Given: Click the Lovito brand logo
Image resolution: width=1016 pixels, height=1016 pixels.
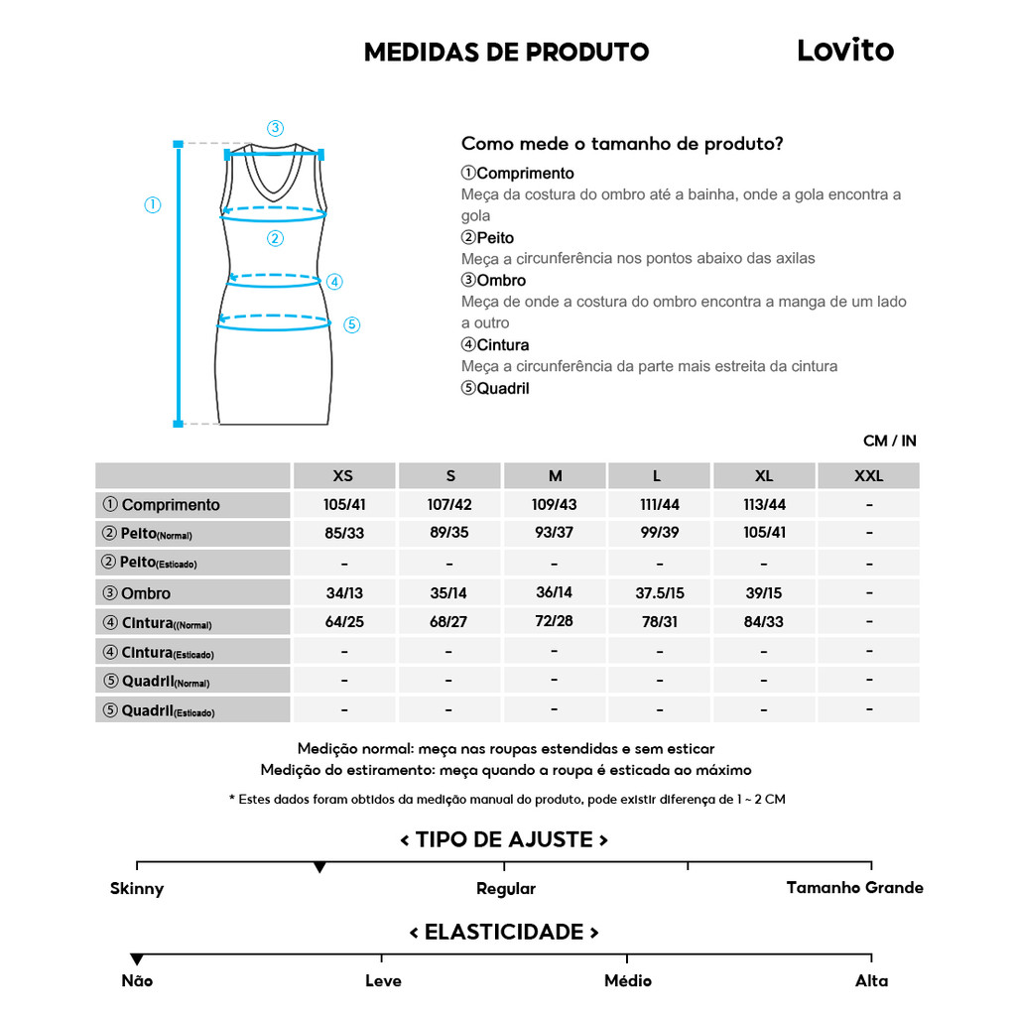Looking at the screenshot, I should point(844,51).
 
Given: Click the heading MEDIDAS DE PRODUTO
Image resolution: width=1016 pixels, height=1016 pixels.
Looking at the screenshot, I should point(506,53).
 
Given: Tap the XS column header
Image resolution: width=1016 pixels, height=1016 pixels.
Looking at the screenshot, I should point(343,476).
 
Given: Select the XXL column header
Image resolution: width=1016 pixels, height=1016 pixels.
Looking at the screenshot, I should point(868,476).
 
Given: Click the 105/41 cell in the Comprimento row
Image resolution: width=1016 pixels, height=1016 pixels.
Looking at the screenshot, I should point(344,504).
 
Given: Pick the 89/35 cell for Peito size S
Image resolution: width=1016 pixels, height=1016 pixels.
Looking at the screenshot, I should point(448,533).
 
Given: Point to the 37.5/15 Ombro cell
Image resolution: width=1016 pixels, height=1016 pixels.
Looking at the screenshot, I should point(660,592).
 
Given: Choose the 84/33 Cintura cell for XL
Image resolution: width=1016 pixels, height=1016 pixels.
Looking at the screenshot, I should point(764,622).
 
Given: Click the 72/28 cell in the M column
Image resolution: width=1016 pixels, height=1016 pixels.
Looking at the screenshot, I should point(554,622).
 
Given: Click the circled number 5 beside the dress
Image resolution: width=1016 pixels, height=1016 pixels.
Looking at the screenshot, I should point(351,324).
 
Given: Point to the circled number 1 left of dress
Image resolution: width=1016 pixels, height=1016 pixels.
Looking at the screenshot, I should point(153,205).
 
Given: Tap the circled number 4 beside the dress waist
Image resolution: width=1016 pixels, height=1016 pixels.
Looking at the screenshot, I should point(334,282).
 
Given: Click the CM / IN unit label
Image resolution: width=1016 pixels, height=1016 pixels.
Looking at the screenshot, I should point(889,441).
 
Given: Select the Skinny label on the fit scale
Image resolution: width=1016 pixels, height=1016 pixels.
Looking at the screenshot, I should point(137,889).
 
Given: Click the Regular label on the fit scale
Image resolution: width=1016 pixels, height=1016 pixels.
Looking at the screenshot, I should point(505,889).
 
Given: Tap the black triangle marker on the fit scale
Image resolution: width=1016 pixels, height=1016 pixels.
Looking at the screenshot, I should point(319,867).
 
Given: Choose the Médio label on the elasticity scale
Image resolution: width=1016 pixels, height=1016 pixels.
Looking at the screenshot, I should point(628,980).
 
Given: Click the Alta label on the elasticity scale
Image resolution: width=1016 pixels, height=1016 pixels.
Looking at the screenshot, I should point(871,980).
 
